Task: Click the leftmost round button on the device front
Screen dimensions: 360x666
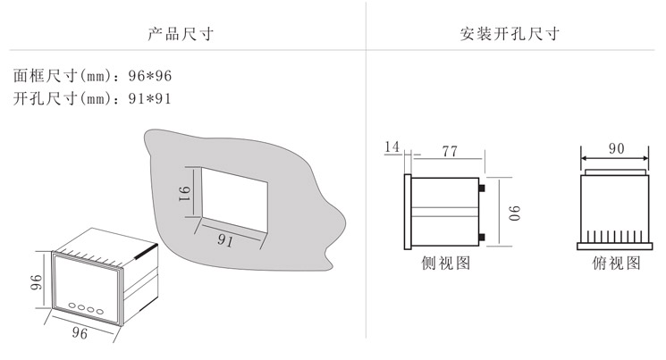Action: tap(69, 306)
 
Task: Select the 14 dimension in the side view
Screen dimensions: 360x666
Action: tap(391, 147)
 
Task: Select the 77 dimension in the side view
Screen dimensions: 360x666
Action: tap(449, 152)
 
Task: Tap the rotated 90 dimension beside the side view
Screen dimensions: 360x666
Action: tap(516, 213)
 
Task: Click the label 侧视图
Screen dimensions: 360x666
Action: tap(444, 264)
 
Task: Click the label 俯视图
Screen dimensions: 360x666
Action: tap(616, 264)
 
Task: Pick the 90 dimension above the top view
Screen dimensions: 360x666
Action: tap(616, 149)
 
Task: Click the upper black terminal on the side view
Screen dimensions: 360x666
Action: tap(483, 188)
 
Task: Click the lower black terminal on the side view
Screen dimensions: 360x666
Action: tap(483, 236)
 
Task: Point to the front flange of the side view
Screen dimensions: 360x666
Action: tap(408, 213)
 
